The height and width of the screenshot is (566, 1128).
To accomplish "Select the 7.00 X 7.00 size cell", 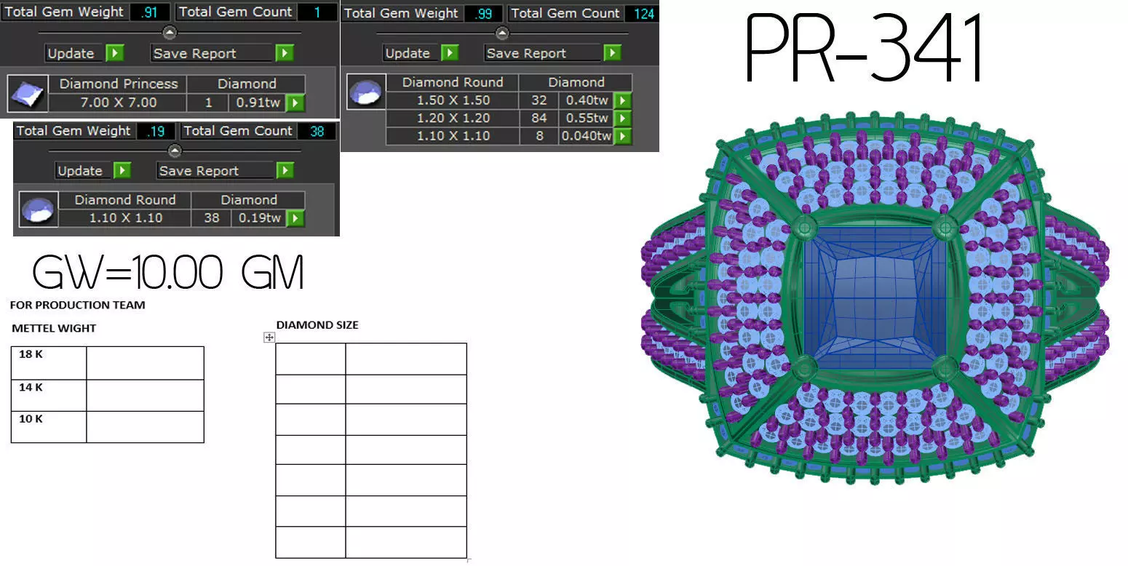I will (x=118, y=103).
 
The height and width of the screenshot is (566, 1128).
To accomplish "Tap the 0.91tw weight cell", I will (x=258, y=103).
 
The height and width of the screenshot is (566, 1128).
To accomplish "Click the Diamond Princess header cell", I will (x=118, y=84).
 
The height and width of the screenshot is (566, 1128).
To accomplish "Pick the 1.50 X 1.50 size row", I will (x=453, y=100).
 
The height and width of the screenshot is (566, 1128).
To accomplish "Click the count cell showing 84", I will (x=539, y=118).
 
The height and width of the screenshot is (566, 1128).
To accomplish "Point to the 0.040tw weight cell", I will (x=585, y=136).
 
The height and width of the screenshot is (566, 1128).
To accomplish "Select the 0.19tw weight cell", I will (x=258, y=218).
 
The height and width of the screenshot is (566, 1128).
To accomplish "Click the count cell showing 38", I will (x=211, y=218).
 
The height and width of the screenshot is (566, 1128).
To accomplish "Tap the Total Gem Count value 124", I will (x=644, y=13).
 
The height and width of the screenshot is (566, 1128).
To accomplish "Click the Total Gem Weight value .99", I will (x=482, y=13).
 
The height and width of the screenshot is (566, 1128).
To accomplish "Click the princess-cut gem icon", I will (x=28, y=93).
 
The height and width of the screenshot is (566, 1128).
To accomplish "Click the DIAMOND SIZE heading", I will (x=317, y=325).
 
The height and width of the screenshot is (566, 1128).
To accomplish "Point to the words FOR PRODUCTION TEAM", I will (x=78, y=305).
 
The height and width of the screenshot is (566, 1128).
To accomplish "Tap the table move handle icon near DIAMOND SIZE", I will (x=269, y=337).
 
